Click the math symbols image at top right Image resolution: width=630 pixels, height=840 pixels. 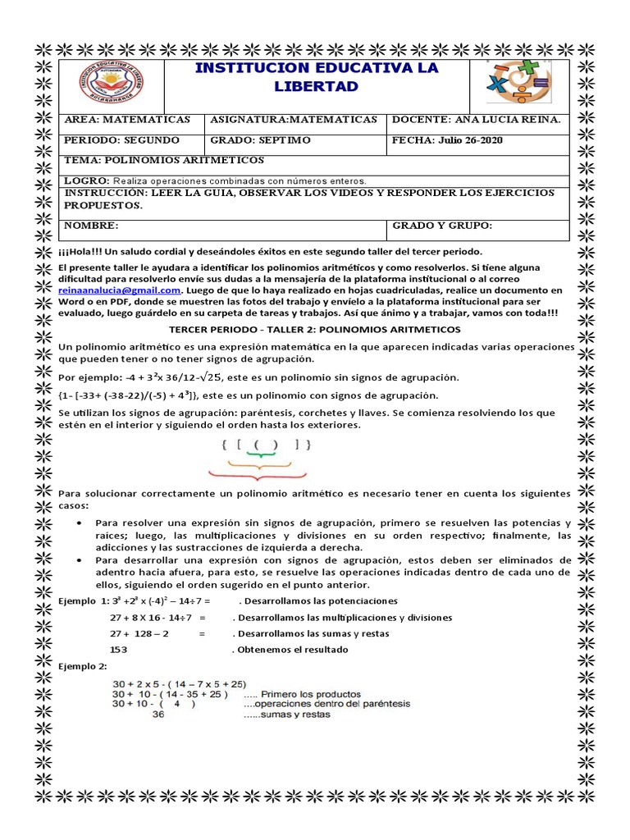point(518,82)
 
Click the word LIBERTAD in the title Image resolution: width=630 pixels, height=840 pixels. point(317,86)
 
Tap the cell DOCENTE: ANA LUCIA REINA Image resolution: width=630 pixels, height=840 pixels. point(477,120)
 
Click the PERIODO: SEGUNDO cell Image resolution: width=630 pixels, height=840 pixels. point(121,140)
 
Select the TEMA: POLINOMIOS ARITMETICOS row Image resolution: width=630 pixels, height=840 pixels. point(164,160)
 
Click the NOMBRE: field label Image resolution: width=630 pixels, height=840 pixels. point(92,226)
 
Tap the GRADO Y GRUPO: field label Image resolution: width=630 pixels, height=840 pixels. point(442,226)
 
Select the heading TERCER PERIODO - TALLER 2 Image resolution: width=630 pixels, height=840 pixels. point(316,329)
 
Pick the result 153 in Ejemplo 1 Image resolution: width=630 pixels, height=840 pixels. point(120,650)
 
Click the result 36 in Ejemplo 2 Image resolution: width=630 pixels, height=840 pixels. point(159,714)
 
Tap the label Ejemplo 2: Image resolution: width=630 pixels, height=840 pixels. point(83,665)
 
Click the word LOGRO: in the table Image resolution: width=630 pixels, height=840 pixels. point(86,180)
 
